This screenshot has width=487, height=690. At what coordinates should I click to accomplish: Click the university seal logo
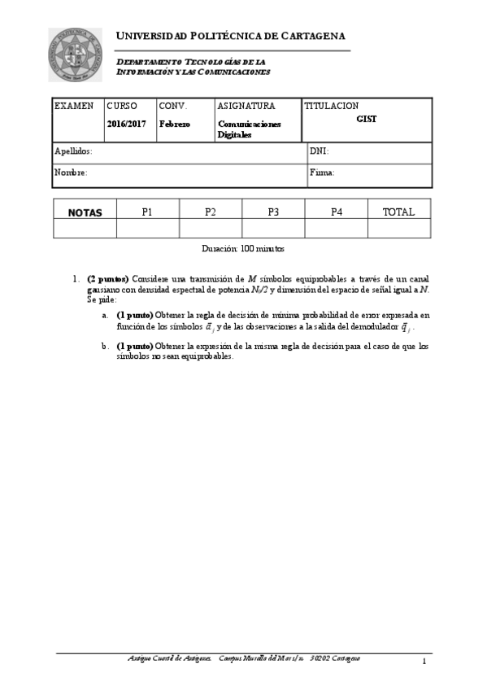coord(76,55)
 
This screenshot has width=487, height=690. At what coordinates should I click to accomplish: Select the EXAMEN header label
coord(74,106)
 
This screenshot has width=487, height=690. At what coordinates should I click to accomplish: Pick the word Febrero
coord(175,124)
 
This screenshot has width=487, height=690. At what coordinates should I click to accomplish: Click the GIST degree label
coord(367,118)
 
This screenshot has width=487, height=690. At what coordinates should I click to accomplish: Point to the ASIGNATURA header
coord(246,106)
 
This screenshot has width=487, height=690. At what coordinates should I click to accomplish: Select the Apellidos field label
coord(73,151)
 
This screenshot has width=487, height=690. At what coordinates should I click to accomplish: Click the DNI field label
coord(320,151)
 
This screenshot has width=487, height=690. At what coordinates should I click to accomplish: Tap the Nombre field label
coord(71,172)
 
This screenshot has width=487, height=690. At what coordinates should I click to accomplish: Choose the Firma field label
coord(322,172)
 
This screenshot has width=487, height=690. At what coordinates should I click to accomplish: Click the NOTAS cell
coord(85,212)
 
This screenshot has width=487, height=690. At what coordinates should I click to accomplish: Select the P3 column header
coord(273,212)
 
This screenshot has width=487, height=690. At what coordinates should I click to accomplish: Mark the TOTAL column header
coord(398,212)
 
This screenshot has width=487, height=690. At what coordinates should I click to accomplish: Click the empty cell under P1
coord(147,229)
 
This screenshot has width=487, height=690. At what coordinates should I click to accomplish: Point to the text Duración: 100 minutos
coord(243,248)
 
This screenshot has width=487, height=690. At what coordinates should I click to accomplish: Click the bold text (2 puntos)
coord(107,277)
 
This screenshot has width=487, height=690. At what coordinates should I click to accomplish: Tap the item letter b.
coord(105,346)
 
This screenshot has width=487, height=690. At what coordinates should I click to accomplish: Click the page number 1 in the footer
coord(424,661)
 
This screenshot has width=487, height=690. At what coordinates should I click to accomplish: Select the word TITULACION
coord(332,106)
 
